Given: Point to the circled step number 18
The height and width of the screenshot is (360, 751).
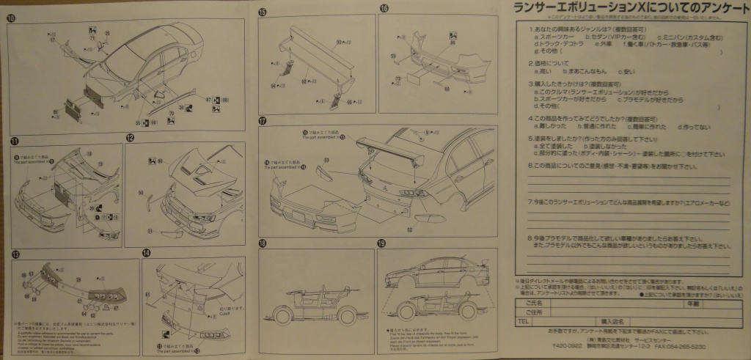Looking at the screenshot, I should (x=263, y=243).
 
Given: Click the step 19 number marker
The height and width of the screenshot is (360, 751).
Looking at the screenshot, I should (x=381, y=243).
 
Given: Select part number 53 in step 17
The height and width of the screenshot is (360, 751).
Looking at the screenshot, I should (x=326, y=158).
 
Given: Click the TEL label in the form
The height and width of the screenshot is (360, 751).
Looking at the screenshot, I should (x=523, y=321).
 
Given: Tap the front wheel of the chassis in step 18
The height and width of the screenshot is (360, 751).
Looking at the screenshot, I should (x=282, y=317).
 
